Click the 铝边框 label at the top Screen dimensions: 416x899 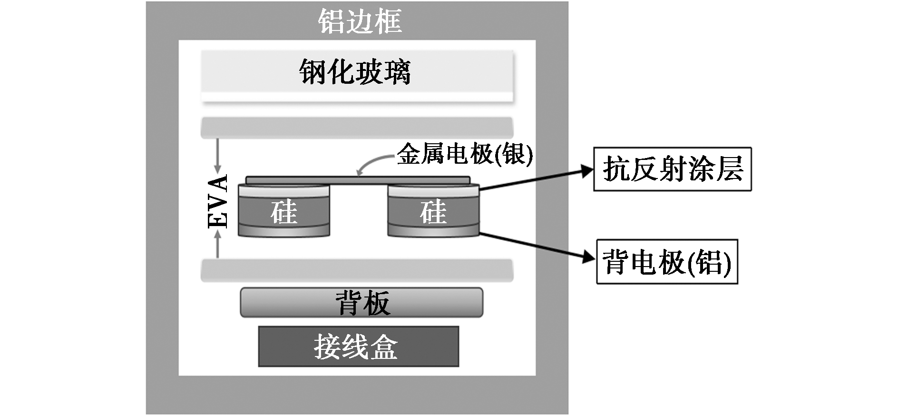pos(360,21)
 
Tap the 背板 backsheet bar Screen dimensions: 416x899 pos(362,303)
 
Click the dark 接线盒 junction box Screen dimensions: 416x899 pos(358,347)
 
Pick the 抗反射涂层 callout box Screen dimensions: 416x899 pos(672,169)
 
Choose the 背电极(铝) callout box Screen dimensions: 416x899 pos(667,262)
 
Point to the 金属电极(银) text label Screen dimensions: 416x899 pos(465,154)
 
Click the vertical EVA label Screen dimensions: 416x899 pos(218,202)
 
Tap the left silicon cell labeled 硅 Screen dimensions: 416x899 pos(284,212)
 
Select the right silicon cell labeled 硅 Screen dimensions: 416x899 pos(433,212)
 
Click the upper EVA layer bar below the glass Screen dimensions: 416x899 pos(357,128)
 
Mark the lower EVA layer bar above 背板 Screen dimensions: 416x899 pos(357,270)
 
